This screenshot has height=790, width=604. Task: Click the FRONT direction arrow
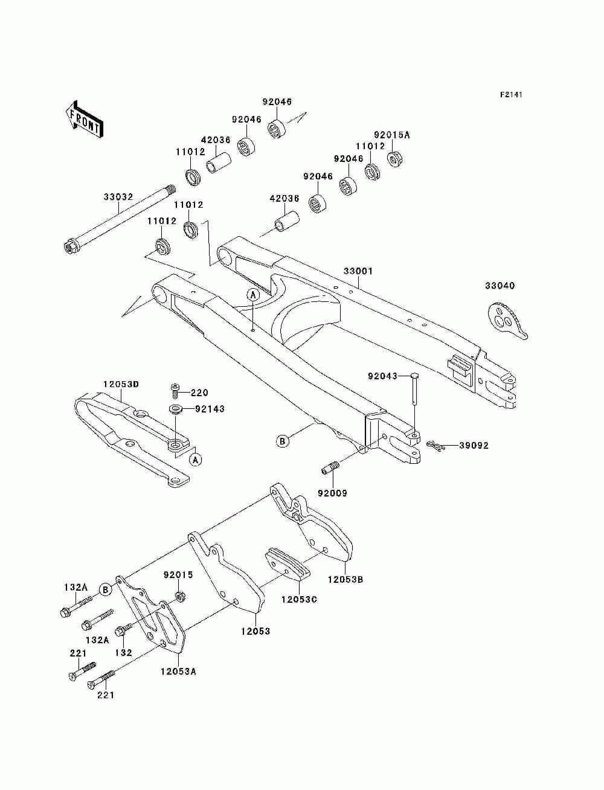[84, 119]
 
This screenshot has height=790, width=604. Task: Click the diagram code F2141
[511, 95]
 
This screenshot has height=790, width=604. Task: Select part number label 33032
[118, 197]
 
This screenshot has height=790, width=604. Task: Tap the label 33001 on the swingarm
[358, 271]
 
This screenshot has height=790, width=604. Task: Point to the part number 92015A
[392, 135]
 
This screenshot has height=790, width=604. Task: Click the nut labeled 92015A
[394, 159]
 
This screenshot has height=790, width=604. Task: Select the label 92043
[382, 376]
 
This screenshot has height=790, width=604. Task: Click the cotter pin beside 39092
[436, 445]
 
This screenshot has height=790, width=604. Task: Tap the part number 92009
[332, 493]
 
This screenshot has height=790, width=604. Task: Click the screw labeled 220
[174, 390]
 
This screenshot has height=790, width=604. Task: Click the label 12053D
[121, 384]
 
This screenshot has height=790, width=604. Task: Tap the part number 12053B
[345, 579]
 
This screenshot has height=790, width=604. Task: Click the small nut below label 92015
[179, 597]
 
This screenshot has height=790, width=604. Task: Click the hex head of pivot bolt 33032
[69, 247]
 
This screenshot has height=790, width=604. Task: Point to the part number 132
[123, 652]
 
